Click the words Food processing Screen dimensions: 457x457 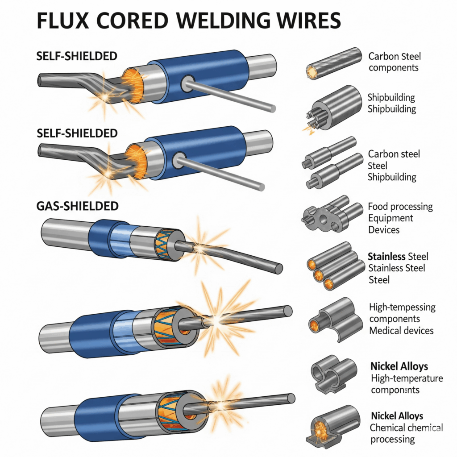[x=400, y=207]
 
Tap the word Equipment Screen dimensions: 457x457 [x=391, y=218]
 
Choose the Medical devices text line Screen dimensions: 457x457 [x=401, y=331]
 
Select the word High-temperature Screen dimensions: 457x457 [x=407, y=378]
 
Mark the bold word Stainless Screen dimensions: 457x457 [x=386, y=257]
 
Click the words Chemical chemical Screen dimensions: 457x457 [x=406, y=428]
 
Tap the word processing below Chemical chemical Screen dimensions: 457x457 [x=392, y=439]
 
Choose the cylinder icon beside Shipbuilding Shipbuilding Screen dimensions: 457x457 [x=337, y=108]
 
